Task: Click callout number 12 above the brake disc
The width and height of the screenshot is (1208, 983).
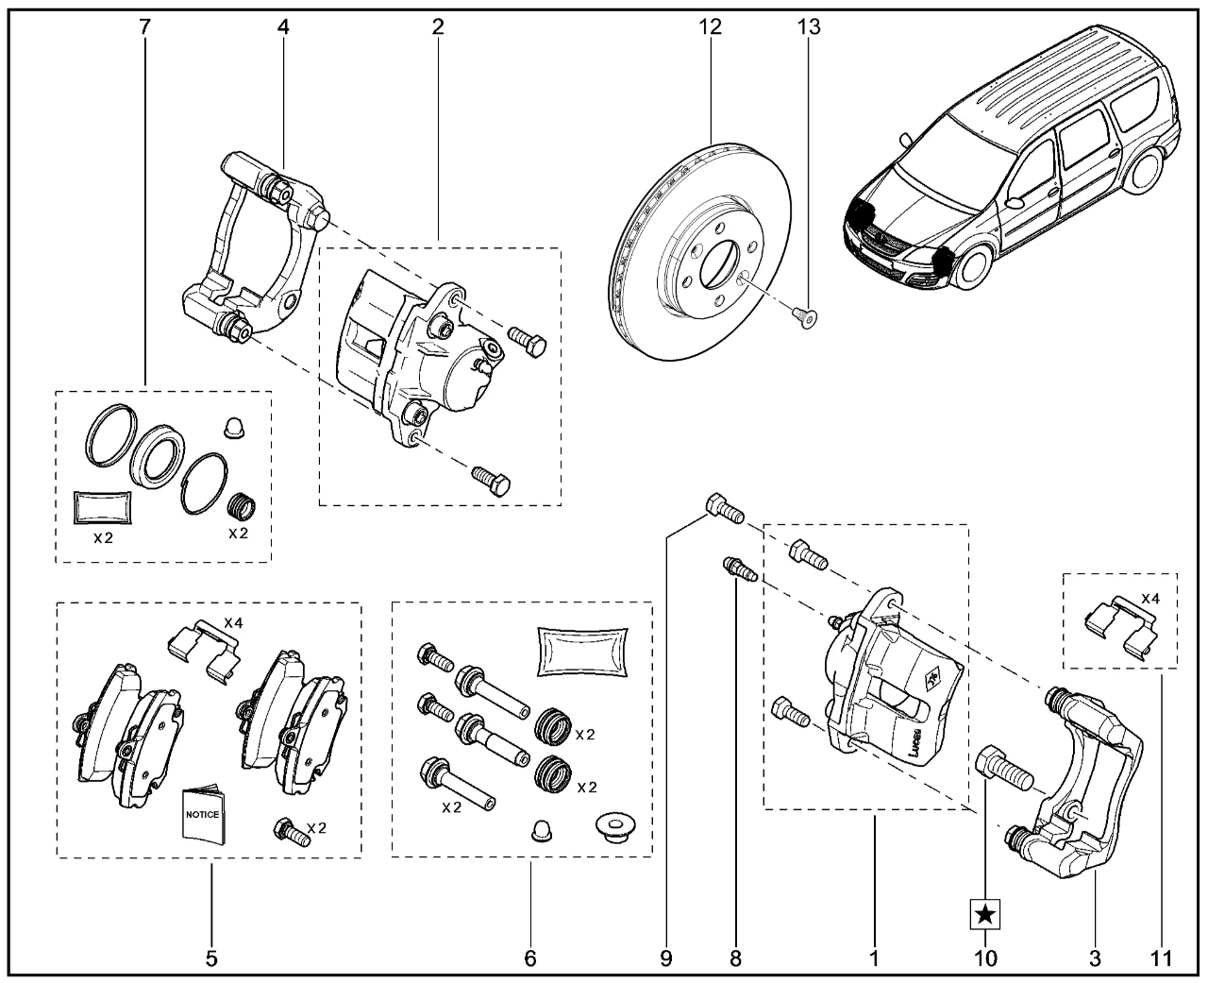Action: [710, 27]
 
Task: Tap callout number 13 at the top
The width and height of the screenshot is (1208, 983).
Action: [809, 27]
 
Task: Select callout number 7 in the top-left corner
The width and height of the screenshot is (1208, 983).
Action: [144, 27]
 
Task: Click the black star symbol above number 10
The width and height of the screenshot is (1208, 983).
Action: [984, 913]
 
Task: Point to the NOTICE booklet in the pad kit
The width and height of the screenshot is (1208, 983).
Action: [203, 815]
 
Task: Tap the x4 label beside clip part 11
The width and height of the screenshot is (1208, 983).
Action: [1151, 598]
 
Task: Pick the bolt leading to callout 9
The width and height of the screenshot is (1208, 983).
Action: [724, 509]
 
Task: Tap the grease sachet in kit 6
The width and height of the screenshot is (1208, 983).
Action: [581, 651]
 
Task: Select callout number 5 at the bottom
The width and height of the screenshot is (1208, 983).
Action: [211, 959]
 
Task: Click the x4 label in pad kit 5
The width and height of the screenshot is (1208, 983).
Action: [234, 622]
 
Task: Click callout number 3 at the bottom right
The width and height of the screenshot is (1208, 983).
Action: [1095, 959]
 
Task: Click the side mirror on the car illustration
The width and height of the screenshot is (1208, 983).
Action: [1015, 201]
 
